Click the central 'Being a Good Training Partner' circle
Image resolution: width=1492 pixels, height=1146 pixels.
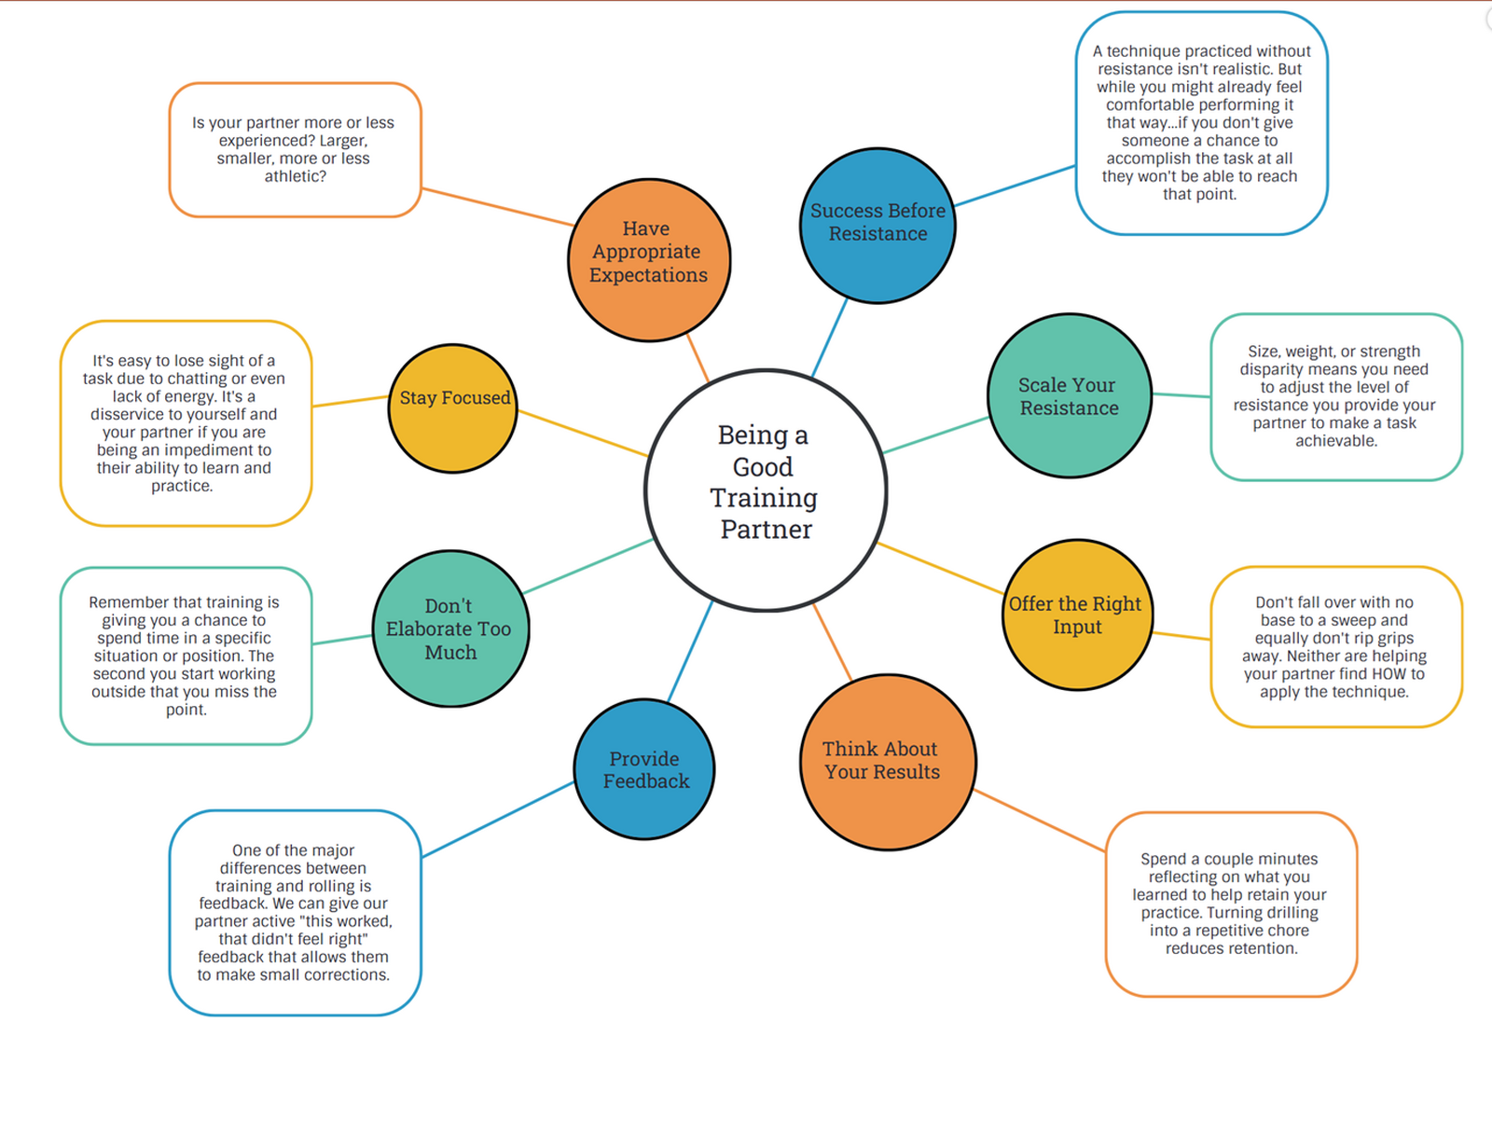[x=765, y=490]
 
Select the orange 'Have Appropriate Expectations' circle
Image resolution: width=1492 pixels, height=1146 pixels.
[x=649, y=260]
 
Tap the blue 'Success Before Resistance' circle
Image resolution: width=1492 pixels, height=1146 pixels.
[x=877, y=226]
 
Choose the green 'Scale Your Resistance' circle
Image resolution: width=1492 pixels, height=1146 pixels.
[x=1070, y=395]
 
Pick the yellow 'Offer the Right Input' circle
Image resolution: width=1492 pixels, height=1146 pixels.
[x=1077, y=614]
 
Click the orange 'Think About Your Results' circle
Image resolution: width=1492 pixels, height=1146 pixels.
[x=887, y=762]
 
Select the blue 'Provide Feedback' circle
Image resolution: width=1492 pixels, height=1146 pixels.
[x=644, y=769]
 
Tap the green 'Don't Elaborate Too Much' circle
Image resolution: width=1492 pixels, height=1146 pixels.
[x=450, y=628]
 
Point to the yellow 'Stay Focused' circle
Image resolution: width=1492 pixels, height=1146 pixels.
[x=453, y=408]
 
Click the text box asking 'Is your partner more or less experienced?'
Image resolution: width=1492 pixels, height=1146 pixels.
[x=295, y=149]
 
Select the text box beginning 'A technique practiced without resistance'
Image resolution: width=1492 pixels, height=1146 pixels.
[x=1200, y=123]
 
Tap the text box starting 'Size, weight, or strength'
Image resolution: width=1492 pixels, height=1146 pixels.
[x=1335, y=396]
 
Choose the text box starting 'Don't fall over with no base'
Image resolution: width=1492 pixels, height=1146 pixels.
[x=1335, y=646]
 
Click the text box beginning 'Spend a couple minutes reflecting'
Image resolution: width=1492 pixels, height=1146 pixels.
[x=1230, y=904]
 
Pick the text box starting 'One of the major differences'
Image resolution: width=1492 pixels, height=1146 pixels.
[x=295, y=912]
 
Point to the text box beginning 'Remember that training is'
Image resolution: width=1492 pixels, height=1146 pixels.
[x=186, y=656]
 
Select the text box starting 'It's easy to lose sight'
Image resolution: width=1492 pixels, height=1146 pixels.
[x=185, y=423]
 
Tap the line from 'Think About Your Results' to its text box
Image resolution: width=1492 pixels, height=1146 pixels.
[x=1040, y=821]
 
